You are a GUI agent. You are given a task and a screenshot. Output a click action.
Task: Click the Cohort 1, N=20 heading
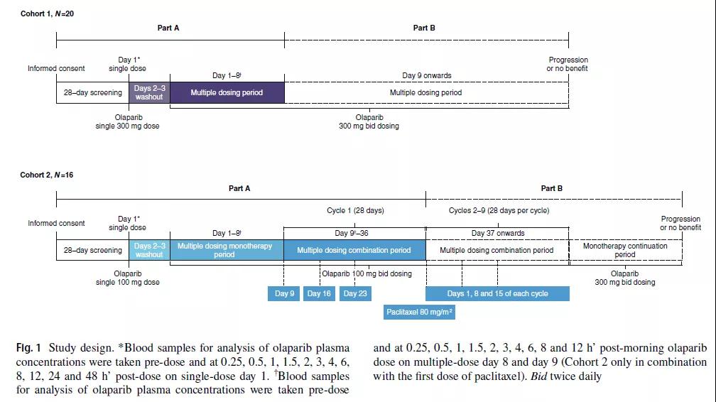(47, 14)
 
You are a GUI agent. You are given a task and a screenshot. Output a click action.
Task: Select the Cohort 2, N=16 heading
(47, 175)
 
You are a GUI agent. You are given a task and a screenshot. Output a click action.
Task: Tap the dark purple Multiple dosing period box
(227, 92)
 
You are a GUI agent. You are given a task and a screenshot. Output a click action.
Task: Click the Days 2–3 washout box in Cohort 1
(149, 92)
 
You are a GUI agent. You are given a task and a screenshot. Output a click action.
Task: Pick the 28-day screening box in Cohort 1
(92, 92)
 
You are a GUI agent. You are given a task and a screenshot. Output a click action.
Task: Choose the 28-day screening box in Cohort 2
(92, 250)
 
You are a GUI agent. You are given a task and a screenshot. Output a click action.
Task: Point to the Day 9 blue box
(284, 293)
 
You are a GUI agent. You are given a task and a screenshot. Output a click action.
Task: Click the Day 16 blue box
(319, 293)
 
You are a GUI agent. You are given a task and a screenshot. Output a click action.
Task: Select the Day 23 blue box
(355, 293)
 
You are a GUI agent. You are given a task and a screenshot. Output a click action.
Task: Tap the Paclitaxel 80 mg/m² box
(420, 312)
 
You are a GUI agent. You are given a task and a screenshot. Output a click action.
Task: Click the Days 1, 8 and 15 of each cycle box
(497, 293)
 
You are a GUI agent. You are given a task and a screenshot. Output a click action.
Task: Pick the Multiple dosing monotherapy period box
(225, 250)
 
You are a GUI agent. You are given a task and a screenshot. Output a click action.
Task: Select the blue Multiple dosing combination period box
(354, 250)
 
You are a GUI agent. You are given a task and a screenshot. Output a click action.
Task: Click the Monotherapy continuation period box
(625, 250)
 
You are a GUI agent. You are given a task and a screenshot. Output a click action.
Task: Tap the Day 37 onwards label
(498, 233)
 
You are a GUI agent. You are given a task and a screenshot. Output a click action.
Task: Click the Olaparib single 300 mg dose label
(128, 121)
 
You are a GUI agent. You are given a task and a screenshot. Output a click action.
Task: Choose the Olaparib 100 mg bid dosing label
(367, 273)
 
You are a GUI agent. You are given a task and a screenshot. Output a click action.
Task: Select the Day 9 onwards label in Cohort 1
(426, 75)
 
